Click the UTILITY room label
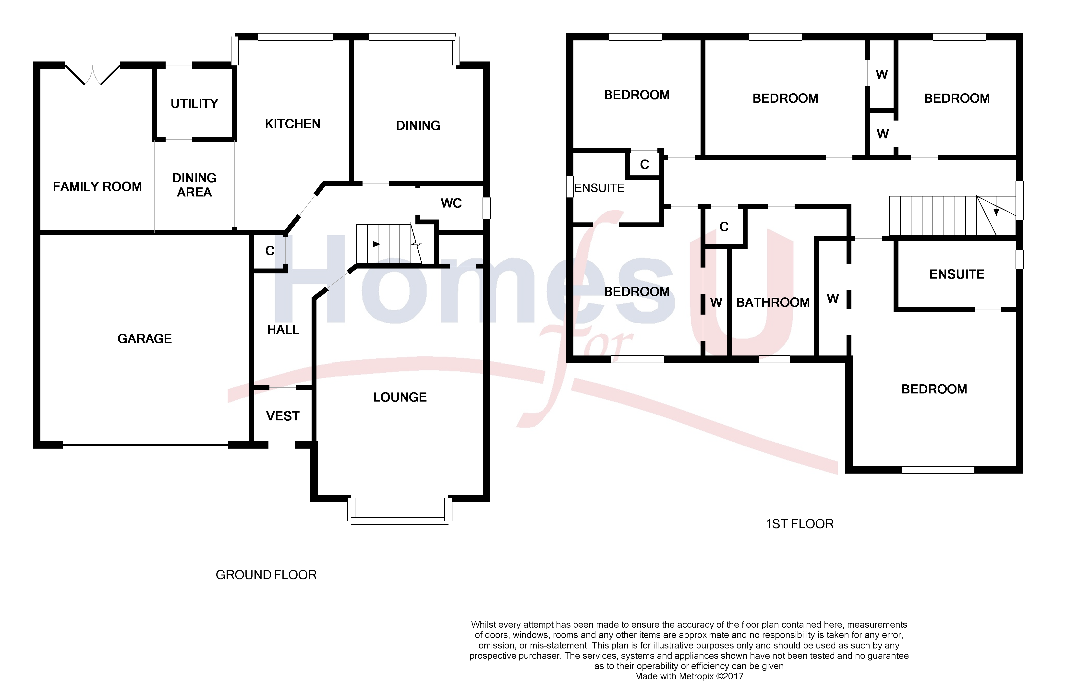[x=194, y=104]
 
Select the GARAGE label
[x=145, y=339]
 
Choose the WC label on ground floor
[x=451, y=203]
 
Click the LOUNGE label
[x=400, y=397]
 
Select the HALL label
[x=283, y=330]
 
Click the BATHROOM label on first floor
[x=773, y=303]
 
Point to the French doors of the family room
[x=93, y=75]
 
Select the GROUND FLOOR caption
[x=266, y=575]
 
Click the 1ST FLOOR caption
[x=799, y=524]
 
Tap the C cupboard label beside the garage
[x=269, y=251]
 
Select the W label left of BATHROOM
[x=716, y=303]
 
